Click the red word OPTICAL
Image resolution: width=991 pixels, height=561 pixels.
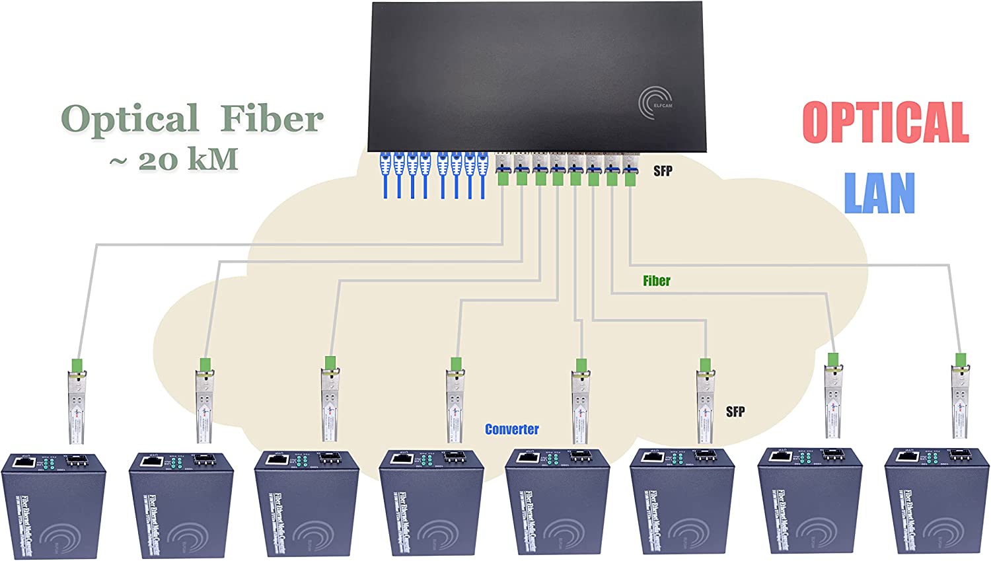point(885,122)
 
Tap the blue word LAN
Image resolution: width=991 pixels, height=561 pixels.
point(879,192)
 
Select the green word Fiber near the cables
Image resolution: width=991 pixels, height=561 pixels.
point(656,281)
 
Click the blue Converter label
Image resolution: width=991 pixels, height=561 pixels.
point(511,430)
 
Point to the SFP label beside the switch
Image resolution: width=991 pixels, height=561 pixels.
point(663,171)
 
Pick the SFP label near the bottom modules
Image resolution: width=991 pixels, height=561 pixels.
point(735,412)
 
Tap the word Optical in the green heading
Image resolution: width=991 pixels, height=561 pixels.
point(130,119)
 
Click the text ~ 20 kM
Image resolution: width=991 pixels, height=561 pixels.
point(174,160)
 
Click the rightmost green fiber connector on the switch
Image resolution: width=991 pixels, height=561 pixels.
point(630,176)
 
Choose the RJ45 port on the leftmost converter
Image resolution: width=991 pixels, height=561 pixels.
point(24,462)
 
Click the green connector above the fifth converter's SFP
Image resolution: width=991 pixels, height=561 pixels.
point(581,365)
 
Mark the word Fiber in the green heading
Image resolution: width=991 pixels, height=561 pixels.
point(272,119)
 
